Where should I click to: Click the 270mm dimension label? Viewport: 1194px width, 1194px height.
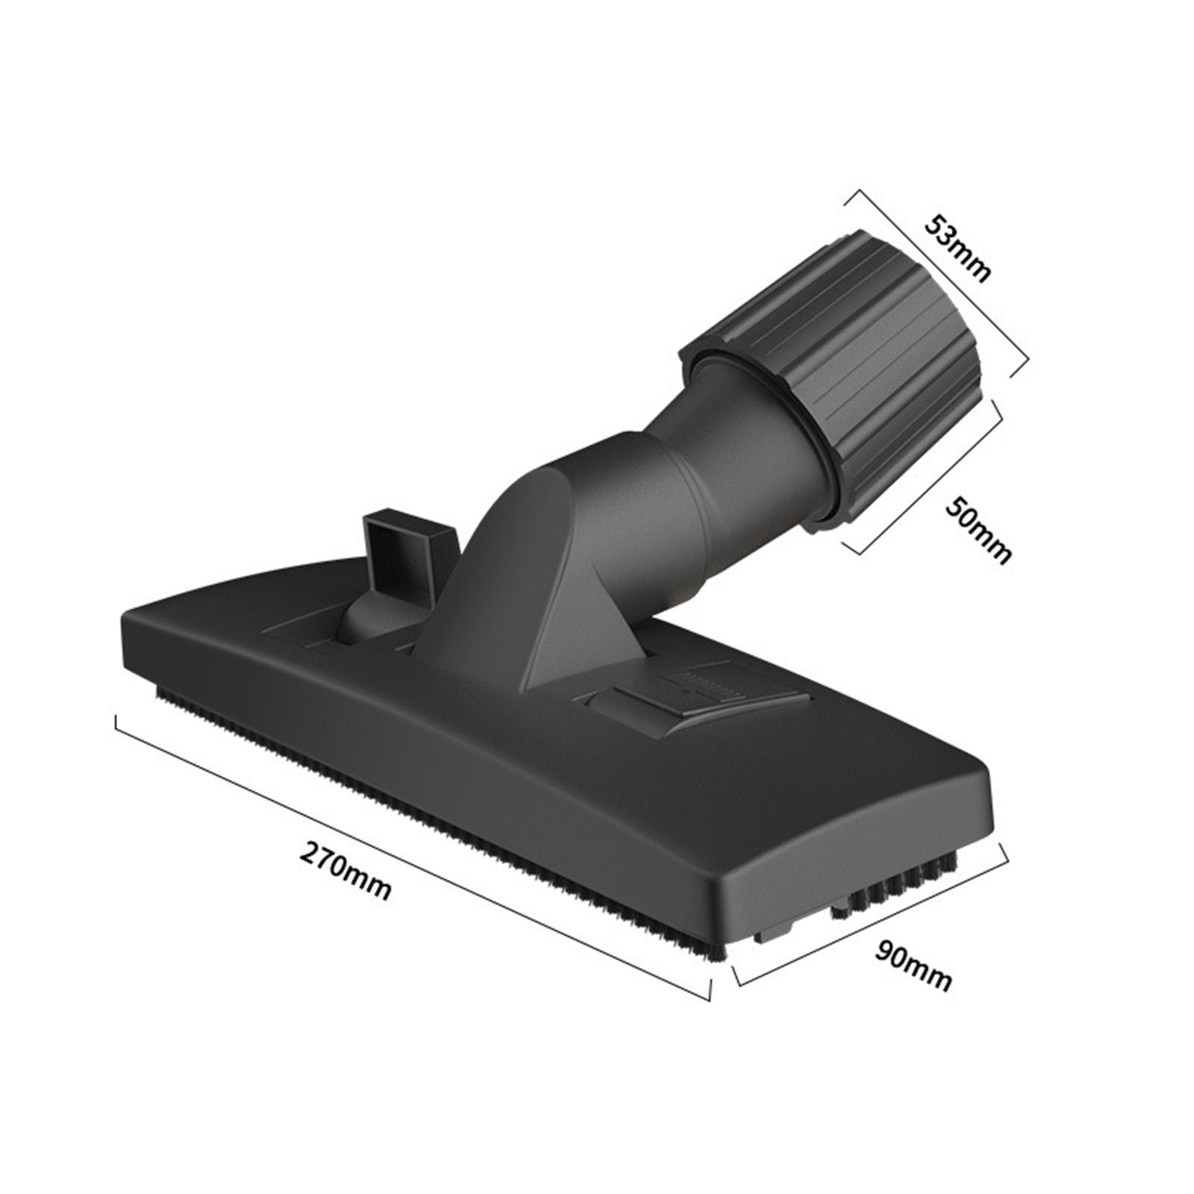pos(345,870)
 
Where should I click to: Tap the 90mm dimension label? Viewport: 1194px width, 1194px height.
pos(914,966)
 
